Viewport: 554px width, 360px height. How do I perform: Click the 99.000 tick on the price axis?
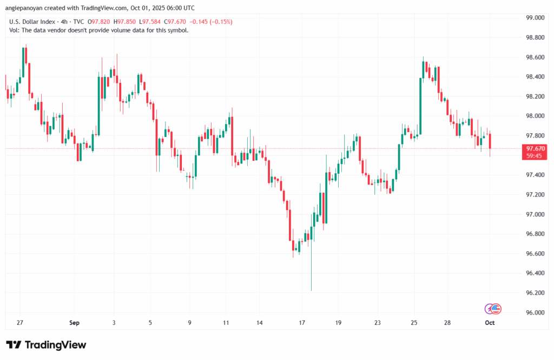coord(535,18)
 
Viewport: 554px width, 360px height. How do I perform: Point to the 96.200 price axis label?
coord(535,293)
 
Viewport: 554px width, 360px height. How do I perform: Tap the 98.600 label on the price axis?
coord(535,57)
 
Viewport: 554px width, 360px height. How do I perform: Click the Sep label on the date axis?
coord(75,323)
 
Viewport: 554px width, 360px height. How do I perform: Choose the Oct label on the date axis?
coord(490,323)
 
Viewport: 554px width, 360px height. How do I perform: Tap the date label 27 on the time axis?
coord(20,323)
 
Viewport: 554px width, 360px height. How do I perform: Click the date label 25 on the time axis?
coord(414,323)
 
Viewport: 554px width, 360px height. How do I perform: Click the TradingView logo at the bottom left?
coord(46,345)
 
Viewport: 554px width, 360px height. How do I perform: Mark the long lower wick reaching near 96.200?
coord(312,271)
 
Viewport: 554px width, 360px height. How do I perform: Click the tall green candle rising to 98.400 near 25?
coord(420,106)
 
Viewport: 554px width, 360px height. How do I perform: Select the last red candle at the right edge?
coord(490,141)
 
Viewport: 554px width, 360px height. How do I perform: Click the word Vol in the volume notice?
coord(14,30)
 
